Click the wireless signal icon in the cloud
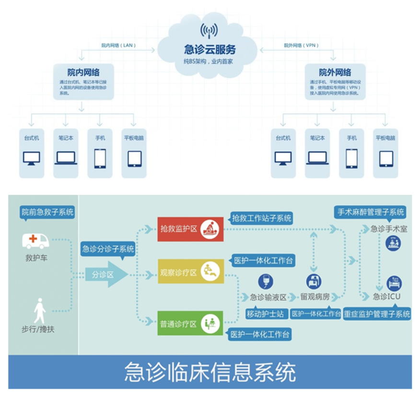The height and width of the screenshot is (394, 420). point(210,31)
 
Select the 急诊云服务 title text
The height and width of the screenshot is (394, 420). point(210,49)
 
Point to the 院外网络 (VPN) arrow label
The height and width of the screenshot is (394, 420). point(301,46)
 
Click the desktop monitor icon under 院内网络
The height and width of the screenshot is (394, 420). point(32,158)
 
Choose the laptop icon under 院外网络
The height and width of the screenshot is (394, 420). point(317,158)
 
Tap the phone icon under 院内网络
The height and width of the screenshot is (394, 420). point(100,158)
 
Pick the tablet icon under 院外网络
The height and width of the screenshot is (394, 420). point(386,158)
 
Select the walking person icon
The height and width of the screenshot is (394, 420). point(40,310)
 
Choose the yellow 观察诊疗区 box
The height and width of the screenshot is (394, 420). point(191,272)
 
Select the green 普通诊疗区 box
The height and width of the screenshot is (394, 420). point(191,324)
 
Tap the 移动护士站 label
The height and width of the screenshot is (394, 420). point(265,314)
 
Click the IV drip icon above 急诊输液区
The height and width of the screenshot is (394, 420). point(265,281)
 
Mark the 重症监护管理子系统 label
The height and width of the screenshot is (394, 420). point(377,314)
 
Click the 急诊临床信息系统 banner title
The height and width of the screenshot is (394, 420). point(210,372)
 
